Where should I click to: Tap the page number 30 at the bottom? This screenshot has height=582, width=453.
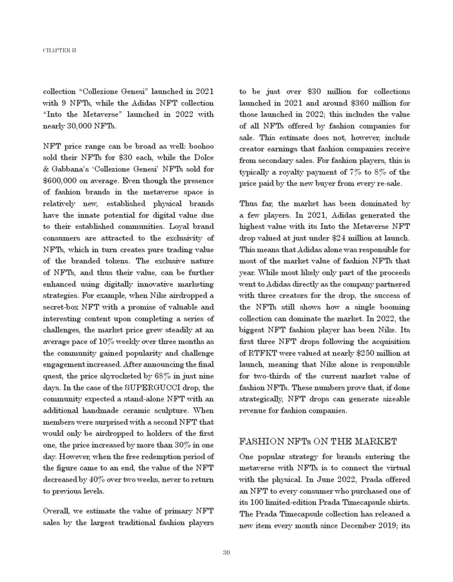(226, 552)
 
